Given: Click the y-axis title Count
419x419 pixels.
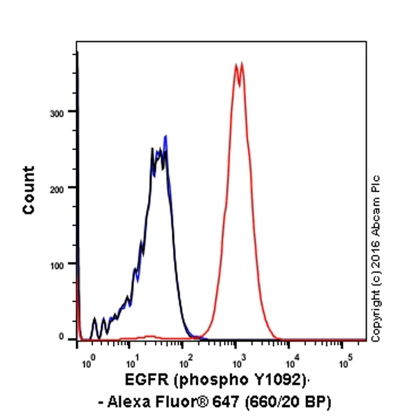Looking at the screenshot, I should [x=29, y=189].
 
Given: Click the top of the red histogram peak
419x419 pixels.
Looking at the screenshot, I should [x=239, y=64].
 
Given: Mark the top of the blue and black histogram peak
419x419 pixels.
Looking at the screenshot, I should [x=166, y=136].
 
